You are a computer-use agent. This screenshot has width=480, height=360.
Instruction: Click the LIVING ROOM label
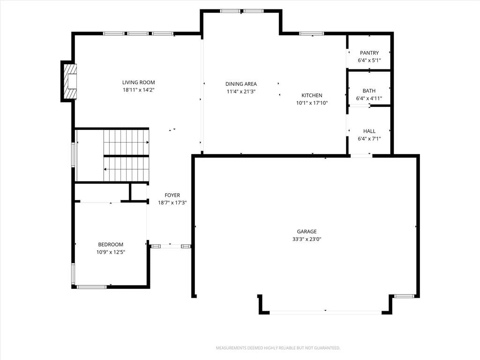[x=138, y=82]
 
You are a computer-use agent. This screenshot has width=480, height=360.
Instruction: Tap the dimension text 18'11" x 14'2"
[x=138, y=90]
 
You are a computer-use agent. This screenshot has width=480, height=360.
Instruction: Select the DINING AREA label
[x=241, y=84]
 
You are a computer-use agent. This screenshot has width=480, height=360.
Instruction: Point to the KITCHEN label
[x=312, y=95]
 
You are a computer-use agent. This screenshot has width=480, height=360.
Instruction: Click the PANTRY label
[x=369, y=52]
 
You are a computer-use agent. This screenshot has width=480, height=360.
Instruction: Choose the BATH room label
[x=369, y=90]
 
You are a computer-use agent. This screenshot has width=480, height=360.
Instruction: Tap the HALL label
[x=369, y=131]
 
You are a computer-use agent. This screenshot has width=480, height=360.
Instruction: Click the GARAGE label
[x=307, y=232]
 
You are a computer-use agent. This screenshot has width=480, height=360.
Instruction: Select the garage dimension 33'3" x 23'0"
[x=307, y=239]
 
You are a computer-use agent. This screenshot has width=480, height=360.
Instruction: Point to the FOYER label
[x=172, y=195]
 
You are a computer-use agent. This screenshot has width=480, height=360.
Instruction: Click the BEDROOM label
[x=111, y=244]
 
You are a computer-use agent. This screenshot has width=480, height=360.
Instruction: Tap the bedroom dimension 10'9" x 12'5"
[x=111, y=252]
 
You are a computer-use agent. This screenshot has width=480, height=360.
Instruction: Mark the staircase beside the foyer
[x=126, y=156]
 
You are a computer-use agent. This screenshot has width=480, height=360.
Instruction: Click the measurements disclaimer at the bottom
[x=278, y=348]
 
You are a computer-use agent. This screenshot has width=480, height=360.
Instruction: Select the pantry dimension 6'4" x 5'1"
[x=369, y=60]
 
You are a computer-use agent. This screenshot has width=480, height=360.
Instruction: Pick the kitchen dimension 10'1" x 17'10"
[x=312, y=103]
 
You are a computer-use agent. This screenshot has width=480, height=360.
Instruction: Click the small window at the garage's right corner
[x=404, y=296]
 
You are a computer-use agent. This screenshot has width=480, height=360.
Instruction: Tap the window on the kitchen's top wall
[x=312, y=34]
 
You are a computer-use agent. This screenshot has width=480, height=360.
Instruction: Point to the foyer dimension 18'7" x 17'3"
[x=172, y=202]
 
